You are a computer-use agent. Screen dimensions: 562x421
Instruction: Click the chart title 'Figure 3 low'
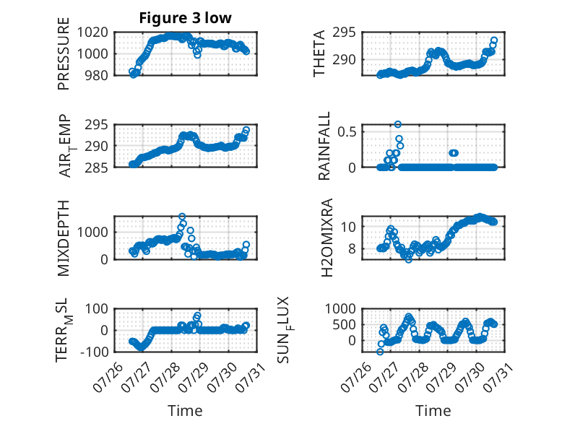click(186, 18)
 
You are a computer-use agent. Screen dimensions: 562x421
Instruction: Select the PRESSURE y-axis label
click(63, 53)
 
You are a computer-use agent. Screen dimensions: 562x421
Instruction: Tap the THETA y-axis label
click(319, 53)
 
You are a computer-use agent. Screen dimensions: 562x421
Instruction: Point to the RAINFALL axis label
click(324, 146)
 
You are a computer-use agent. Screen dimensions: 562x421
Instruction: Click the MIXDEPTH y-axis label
click(63, 238)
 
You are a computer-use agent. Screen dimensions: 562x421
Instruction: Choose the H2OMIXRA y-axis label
click(327, 238)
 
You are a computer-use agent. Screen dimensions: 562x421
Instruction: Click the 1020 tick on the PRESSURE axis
click(92, 32)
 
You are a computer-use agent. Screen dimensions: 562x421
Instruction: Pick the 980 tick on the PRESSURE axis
click(96, 75)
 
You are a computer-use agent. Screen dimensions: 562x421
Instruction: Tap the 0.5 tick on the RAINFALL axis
click(347, 131)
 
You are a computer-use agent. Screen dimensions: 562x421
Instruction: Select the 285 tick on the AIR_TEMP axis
click(96, 168)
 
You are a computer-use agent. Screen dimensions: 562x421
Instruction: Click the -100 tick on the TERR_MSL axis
click(94, 352)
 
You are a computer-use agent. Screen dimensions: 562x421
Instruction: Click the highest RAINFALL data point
click(398, 124)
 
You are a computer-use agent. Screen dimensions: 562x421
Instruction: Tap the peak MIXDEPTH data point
click(182, 217)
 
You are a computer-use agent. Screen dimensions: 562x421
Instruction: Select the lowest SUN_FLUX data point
click(380, 352)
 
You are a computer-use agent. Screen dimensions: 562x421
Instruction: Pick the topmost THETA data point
click(494, 40)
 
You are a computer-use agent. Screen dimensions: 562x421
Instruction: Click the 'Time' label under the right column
click(433, 411)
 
